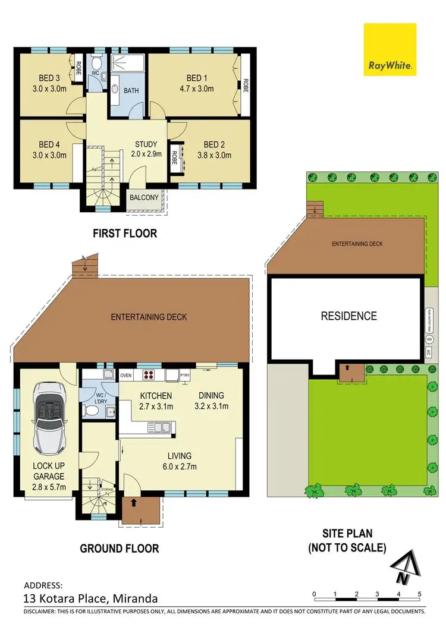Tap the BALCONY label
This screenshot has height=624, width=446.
point(145,198)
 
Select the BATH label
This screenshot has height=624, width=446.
point(131,91)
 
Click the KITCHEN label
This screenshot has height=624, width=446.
point(156,396)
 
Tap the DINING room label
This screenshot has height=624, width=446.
point(212,396)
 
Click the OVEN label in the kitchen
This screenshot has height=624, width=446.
point(126,376)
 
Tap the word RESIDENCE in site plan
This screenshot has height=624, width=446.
point(348,316)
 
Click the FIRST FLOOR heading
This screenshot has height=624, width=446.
point(125,234)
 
